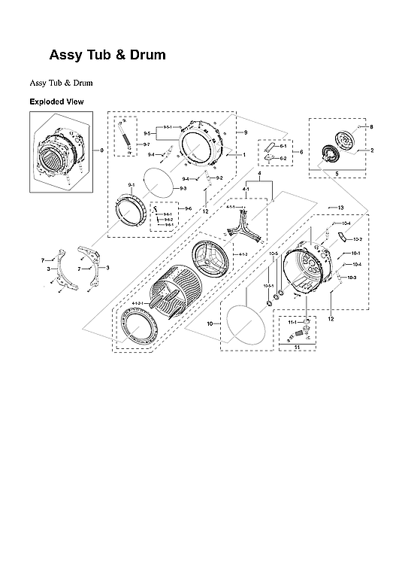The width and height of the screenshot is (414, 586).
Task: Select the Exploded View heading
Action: point(56,102)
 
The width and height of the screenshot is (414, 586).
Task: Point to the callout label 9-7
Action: point(147,144)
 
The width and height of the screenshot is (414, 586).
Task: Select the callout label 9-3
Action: point(183,188)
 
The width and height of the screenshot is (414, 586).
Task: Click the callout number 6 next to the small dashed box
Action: point(301,152)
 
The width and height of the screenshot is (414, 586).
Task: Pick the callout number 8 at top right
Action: point(371,127)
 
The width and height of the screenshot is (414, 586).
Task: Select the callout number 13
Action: point(340,208)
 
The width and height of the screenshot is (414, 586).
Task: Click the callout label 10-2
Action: point(358,239)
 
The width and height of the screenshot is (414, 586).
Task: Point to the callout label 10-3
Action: point(352,278)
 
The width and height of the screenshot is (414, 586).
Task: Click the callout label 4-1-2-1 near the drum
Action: point(139,303)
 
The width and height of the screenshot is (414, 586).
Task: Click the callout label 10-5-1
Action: point(267,287)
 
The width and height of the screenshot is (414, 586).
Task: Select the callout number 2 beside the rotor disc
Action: point(371,151)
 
